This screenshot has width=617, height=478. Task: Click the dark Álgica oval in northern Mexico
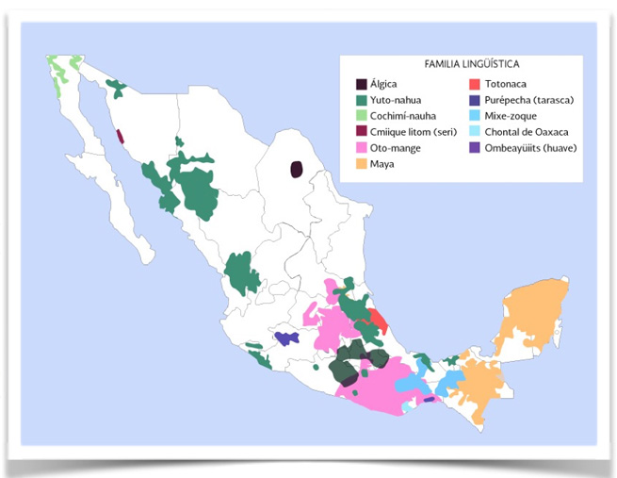(297, 169)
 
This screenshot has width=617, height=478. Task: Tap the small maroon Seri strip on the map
(120, 135)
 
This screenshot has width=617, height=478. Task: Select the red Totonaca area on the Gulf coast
(379, 324)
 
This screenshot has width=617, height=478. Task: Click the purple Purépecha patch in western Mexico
(285, 338)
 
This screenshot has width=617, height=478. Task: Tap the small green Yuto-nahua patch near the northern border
(116, 90)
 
